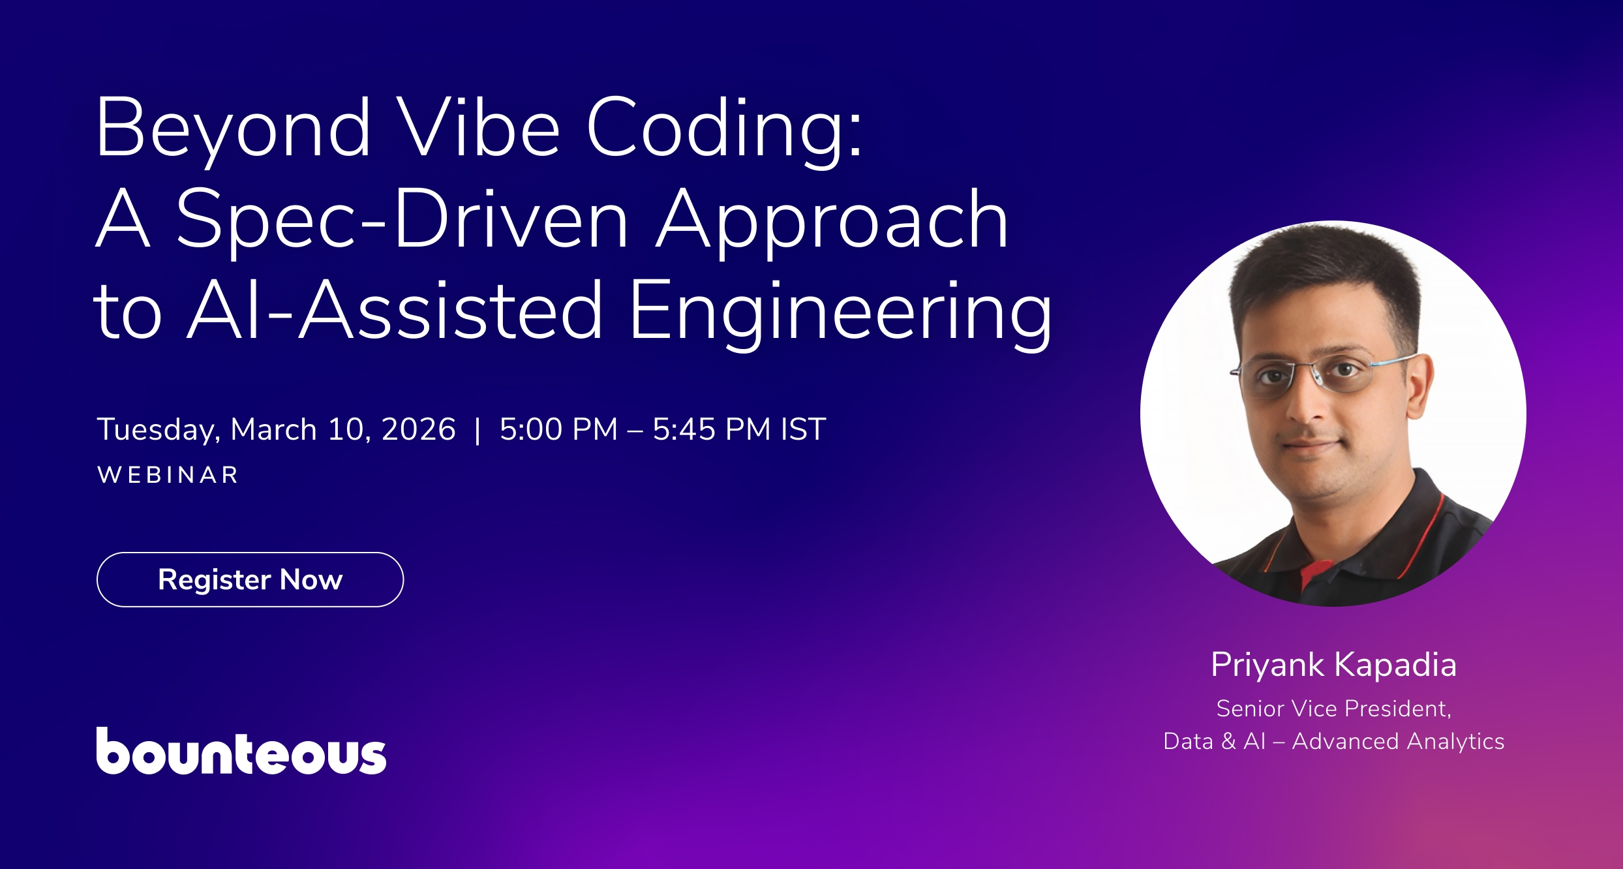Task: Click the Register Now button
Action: pos(250,579)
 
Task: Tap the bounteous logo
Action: pos(241,752)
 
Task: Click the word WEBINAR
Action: pos(168,475)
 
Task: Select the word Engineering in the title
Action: pos(840,312)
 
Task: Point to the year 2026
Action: pos(418,429)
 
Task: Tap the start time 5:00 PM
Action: pos(558,429)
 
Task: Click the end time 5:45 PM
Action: pos(712,429)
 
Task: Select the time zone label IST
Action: pos(803,429)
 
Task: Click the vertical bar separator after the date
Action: pos(478,430)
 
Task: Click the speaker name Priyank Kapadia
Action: pos(1333,665)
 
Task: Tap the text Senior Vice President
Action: pos(1333,709)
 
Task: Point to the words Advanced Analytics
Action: pos(1398,741)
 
